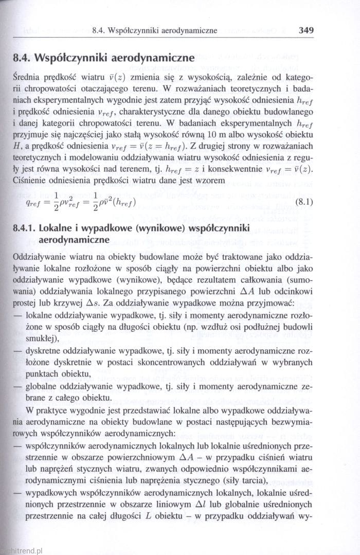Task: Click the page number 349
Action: [x=305, y=30]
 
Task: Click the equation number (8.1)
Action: [x=303, y=202]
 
